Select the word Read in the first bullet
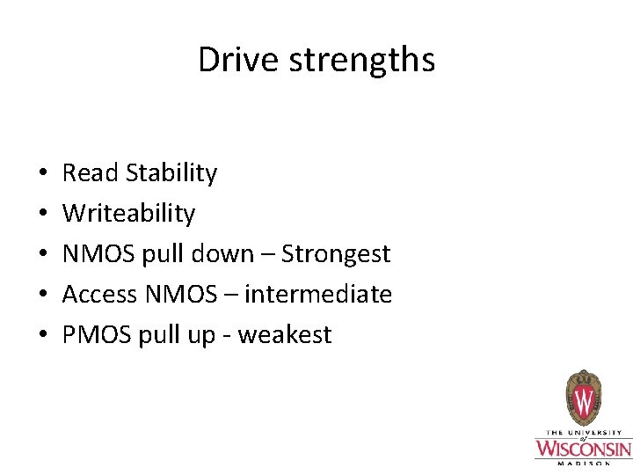(90, 173)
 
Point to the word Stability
(171, 173)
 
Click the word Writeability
(128, 214)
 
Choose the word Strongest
(336, 254)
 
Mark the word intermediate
(318, 295)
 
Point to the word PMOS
(97, 335)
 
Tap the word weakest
(285, 335)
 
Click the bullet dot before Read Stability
(42, 174)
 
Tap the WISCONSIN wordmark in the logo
(583, 448)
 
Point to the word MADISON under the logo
(583, 463)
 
